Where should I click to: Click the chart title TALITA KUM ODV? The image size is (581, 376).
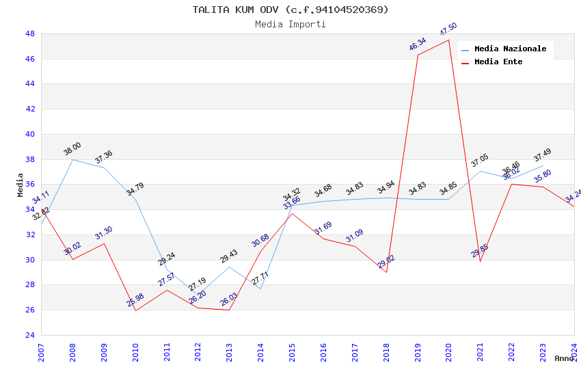click(290, 10)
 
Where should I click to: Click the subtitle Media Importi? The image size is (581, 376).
click(290, 25)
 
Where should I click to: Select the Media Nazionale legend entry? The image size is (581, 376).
click(510, 49)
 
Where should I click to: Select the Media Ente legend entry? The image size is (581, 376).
click(498, 62)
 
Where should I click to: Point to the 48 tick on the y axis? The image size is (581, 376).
click(30, 33)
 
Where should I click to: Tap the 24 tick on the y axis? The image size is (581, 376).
click(30, 335)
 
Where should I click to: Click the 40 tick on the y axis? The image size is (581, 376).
click(30, 134)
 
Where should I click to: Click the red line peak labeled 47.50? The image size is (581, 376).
click(448, 40)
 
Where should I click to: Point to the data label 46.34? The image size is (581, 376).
click(418, 44)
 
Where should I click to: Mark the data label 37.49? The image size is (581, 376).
click(543, 155)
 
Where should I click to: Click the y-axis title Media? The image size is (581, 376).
click(21, 185)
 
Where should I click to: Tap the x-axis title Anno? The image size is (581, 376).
click(564, 358)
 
